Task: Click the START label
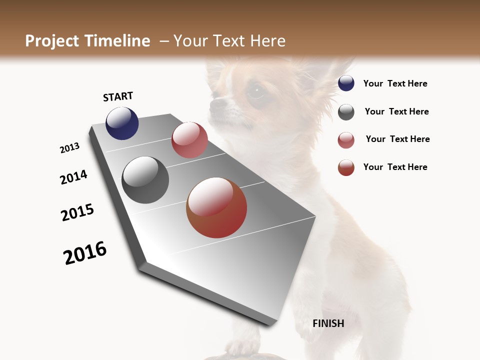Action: point(118,96)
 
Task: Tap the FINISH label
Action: point(328,323)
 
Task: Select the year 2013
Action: point(69,148)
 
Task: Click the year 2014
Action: point(73,177)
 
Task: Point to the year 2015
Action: point(77,212)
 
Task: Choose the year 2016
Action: point(85,253)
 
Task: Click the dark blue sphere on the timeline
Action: point(122,123)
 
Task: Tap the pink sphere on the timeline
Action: point(189,140)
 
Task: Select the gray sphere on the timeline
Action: point(145,180)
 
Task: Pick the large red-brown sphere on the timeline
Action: point(216,207)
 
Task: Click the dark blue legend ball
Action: point(346,83)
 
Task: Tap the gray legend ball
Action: point(346,112)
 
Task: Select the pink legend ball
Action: point(346,140)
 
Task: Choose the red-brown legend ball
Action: point(346,167)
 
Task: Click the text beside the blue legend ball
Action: point(395,84)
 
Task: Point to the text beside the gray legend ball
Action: point(396,111)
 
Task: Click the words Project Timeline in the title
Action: point(87,41)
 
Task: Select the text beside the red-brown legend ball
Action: point(395,167)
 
